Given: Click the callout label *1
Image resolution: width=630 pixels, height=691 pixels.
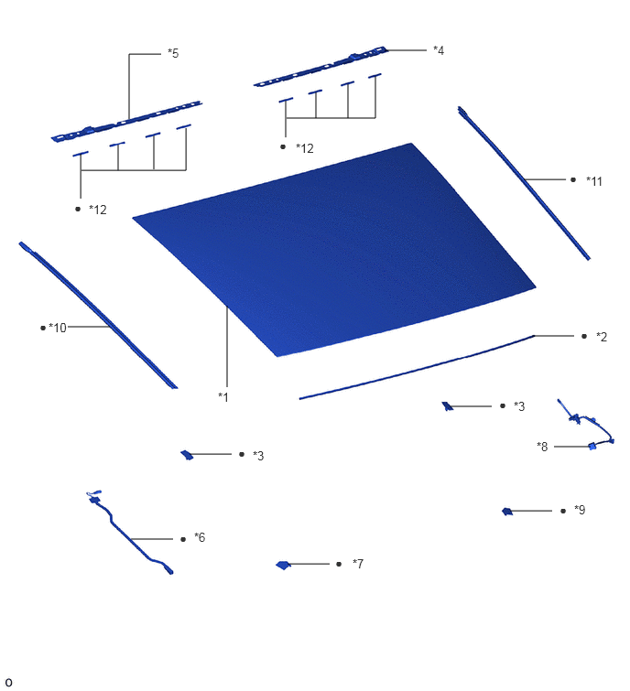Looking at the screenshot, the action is [x=223, y=397].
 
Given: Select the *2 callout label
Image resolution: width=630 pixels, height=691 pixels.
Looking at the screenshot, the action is [x=602, y=337].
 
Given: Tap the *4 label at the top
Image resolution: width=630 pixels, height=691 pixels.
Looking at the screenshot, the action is [x=439, y=50].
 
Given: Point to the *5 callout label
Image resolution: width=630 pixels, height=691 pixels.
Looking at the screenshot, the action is [x=173, y=53].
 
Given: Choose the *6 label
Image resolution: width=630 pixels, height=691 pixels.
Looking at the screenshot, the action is [x=200, y=537].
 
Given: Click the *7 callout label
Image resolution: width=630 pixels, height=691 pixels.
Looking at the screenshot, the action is [x=358, y=564].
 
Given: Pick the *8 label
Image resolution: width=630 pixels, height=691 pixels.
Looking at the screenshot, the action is [x=542, y=447].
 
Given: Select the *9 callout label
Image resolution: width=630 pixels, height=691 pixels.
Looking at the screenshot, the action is [x=580, y=510].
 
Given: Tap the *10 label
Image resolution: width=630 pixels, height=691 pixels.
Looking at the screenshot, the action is [x=58, y=328].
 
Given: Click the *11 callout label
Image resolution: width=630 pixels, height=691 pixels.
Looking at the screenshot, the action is [x=594, y=181].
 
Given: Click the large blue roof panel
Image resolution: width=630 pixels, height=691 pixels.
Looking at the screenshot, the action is [x=335, y=249].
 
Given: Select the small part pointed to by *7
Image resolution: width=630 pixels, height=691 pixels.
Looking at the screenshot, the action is [x=283, y=565].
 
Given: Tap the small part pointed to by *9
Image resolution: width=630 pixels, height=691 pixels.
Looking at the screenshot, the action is [x=507, y=512].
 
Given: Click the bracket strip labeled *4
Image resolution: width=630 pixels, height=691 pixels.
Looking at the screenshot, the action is [x=320, y=67].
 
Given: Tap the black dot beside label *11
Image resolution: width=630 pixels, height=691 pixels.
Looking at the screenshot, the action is [x=573, y=179].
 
